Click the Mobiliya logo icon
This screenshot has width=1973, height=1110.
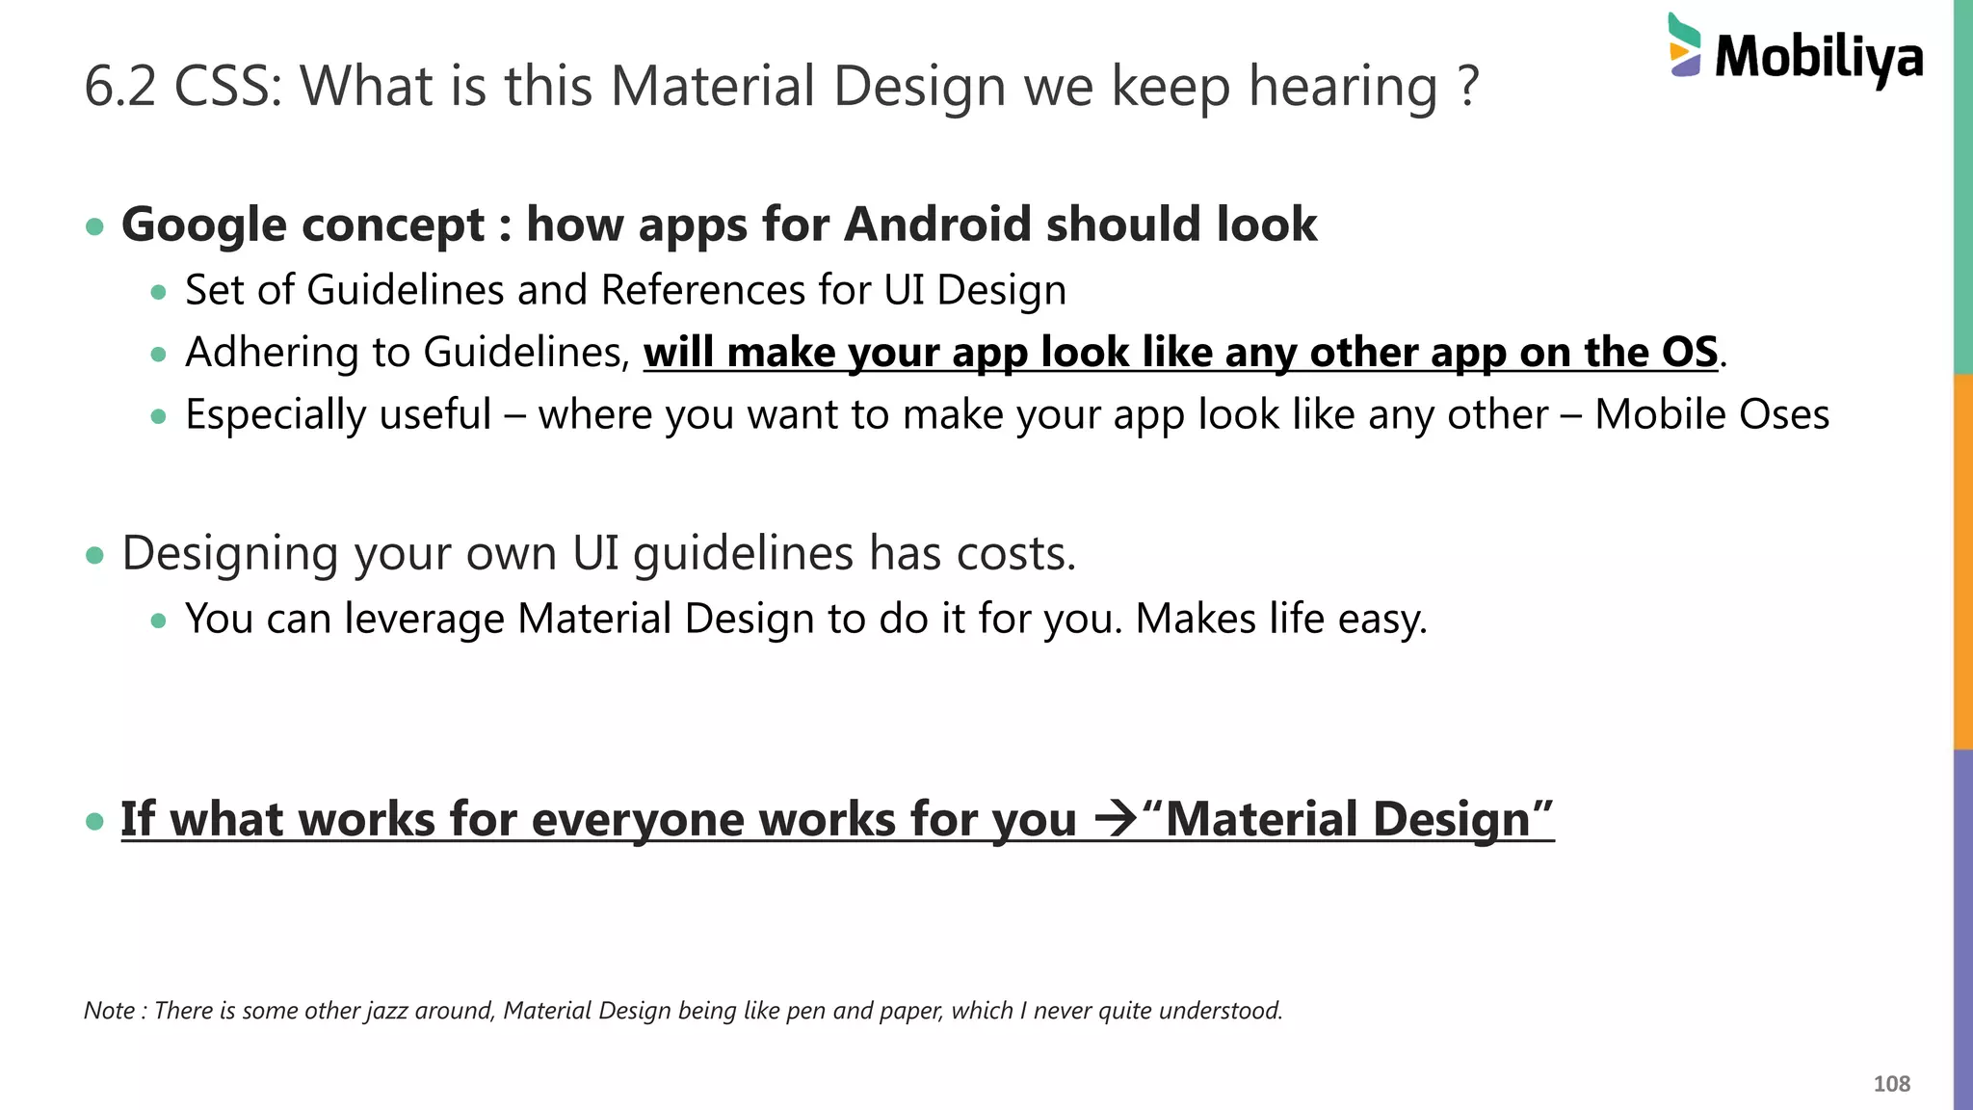1684,45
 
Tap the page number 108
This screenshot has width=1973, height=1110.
1891,1084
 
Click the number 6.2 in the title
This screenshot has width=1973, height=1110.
119,86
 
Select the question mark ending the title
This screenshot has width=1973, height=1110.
1468,86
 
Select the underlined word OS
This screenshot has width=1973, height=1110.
1690,353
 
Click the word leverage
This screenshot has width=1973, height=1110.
424,620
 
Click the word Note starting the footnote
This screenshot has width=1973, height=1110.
109,1011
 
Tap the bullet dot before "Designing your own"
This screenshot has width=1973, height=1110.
94,556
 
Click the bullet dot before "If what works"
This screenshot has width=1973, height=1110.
94,821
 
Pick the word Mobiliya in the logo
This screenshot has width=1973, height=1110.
1819,58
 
